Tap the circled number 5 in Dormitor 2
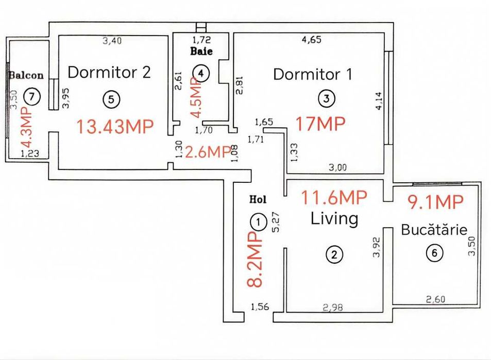pyautogui.click(x=111, y=99)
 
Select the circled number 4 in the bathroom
pyautogui.click(x=201, y=74)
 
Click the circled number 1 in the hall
pyautogui.click(x=258, y=222)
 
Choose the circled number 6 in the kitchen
pyautogui.click(x=435, y=252)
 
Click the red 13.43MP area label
pyautogui.click(x=115, y=126)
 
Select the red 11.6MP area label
pyautogui.click(x=334, y=197)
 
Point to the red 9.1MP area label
pyautogui.click(x=435, y=202)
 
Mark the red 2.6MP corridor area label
pyautogui.click(x=207, y=152)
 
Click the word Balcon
pyautogui.click(x=26, y=75)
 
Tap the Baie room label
pyautogui.click(x=201, y=52)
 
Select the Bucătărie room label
pyautogui.click(x=434, y=230)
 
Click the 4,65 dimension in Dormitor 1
pyautogui.click(x=312, y=39)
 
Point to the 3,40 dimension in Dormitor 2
pyautogui.click(x=112, y=41)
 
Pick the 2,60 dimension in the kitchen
pyautogui.click(x=436, y=299)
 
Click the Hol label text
pyautogui.click(x=258, y=199)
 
